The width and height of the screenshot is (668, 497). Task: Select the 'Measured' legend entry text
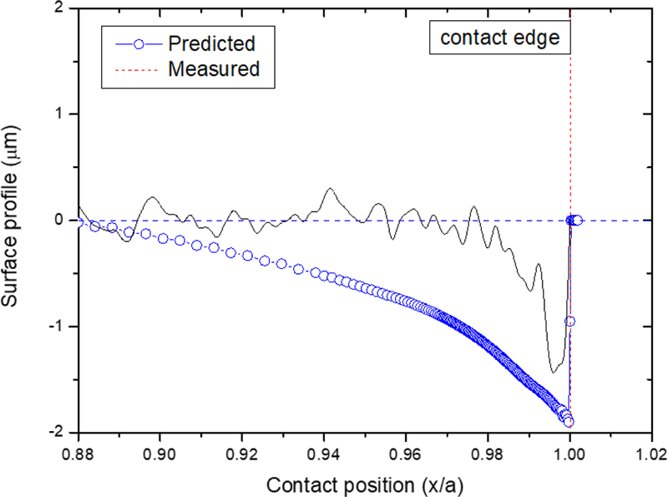[x=215, y=68]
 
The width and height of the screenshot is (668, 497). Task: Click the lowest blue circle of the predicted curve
[x=569, y=423]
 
